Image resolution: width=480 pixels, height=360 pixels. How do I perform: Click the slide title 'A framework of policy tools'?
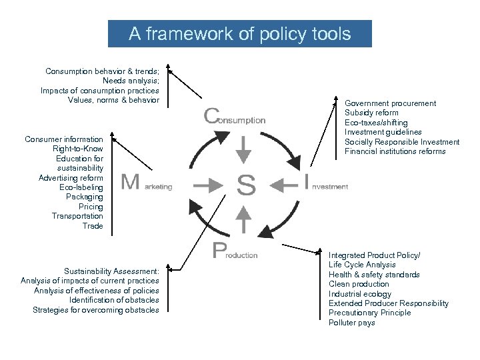coord(239,34)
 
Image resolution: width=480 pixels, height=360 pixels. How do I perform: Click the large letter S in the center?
coord(246,185)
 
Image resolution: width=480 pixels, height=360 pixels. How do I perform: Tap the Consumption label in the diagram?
coord(234,117)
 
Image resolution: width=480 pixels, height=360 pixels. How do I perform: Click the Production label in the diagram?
coord(235,252)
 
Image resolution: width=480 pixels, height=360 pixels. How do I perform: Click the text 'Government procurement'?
coord(390,103)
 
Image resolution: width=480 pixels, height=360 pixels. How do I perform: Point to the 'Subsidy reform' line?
coord(371,113)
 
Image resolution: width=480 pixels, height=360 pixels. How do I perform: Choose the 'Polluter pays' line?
coord(352,323)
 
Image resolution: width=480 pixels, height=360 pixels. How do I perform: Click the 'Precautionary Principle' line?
coord(370,313)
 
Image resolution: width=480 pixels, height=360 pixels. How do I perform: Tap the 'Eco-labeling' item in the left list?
coord(81,187)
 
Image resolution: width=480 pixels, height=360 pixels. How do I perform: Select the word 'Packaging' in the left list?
coord(85,197)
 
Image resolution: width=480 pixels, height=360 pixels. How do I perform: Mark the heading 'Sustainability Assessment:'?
coord(111,271)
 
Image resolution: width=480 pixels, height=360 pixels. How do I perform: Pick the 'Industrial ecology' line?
coord(360,294)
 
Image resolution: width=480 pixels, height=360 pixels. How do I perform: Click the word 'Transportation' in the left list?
coord(77,216)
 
